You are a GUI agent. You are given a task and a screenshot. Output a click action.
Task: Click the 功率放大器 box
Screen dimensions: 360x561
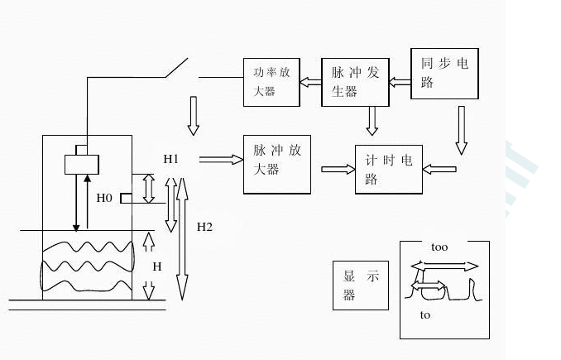(271, 81)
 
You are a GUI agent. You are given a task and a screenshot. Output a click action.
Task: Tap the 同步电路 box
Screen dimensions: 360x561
(444, 74)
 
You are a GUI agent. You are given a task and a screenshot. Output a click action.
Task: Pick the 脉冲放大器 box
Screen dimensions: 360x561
(277, 163)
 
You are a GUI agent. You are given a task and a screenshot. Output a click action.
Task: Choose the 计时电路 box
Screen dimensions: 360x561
(387, 170)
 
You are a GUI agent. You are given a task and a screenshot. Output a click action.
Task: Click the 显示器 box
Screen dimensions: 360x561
(361, 286)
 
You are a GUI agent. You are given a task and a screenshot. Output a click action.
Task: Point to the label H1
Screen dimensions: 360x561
(171, 157)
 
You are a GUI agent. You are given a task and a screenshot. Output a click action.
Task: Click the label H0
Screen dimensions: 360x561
(104, 198)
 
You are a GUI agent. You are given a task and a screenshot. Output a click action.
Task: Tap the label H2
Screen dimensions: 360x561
(204, 226)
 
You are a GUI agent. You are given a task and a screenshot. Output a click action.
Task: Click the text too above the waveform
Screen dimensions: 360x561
(439, 247)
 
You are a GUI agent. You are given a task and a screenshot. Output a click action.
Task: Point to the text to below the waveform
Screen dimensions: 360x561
(425, 315)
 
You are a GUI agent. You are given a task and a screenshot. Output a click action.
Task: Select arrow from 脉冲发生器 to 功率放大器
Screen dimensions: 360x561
(310, 81)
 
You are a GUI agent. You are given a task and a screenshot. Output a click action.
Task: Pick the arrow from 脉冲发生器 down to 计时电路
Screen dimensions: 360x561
(372, 121)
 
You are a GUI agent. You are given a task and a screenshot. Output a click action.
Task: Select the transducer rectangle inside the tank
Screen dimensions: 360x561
(82, 163)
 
